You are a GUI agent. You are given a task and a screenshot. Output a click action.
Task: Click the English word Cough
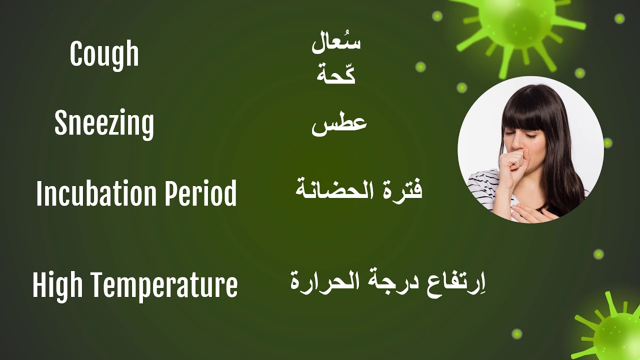pyautogui.click(x=104, y=55)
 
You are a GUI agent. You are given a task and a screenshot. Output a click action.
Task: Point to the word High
pyautogui.click(x=53, y=285)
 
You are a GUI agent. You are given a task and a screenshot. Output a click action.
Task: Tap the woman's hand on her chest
pyautogui.click(x=532, y=213)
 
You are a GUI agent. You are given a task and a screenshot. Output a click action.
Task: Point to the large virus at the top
pyautogui.click(x=517, y=22)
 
